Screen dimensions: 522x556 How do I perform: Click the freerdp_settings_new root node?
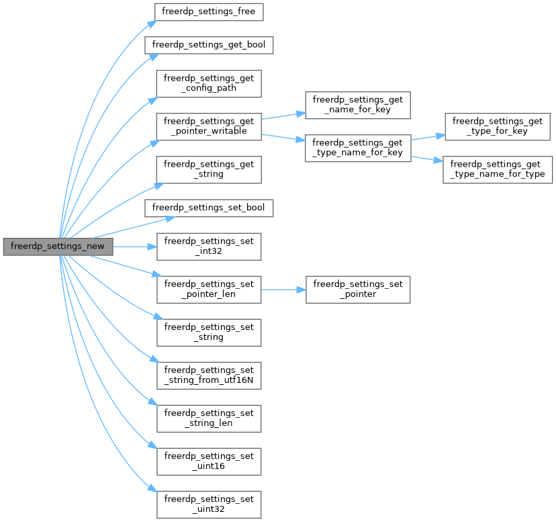[x=58, y=247]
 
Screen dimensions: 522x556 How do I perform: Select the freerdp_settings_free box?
[x=209, y=11]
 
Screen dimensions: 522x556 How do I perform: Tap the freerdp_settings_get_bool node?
[x=209, y=45]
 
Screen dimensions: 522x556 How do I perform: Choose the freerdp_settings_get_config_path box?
[x=209, y=84]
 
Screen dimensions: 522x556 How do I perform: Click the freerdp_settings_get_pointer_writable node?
[x=209, y=126]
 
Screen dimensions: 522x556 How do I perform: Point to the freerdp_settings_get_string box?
[x=209, y=169]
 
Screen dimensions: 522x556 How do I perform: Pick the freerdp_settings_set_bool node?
[x=209, y=208]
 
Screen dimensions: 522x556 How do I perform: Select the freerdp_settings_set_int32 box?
[x=209, y=247]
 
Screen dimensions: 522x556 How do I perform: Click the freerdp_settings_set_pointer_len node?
[x=209, y=290]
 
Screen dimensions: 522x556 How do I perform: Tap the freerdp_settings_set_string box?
[x=209, y=332]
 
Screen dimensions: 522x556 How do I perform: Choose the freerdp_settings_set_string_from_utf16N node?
[x=209, y=375]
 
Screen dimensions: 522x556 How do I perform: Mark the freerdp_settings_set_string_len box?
[x=209, y=418]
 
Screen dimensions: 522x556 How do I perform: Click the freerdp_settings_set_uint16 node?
[x=209, y=461]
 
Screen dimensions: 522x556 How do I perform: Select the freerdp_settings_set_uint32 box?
[x=209, y=504]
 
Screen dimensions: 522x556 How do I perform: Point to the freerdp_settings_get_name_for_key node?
[x=358, y=105]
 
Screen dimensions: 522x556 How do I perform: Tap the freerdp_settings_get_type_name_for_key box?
[x=358, y=148]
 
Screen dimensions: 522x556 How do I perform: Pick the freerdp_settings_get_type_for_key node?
[x=498, y=126]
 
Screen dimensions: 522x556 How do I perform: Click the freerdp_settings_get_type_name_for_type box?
[x=498, y=169]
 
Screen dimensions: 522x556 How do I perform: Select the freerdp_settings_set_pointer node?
[x=358, y=290]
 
